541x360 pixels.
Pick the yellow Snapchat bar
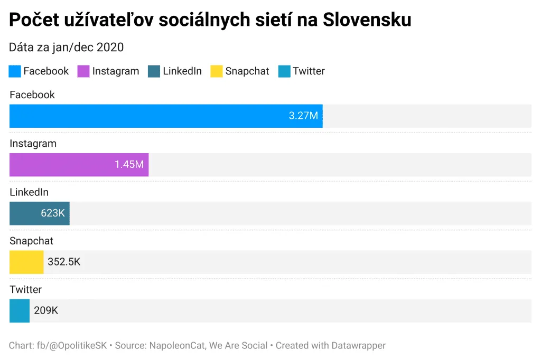(x=26, y=262)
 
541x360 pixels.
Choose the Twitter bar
(x=20, y=310)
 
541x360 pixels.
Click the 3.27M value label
(x=303, y=116)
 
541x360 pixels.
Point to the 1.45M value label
(x=129, y=165)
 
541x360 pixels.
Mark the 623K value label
(x=53, y=213)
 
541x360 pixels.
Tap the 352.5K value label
(x=64, y=262)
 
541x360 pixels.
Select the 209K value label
(x=46, y=310)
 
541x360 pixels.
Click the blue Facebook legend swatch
(x=15, y=71)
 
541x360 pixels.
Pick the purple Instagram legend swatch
(x=83, y=71)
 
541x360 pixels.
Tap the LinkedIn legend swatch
(x=154, y=71)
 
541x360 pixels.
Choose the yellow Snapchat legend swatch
(x=217, y=71)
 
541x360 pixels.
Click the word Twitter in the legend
(x=309, y=71)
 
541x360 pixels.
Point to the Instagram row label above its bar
(x=33, y=144)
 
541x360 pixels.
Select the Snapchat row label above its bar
(x=31, y=241)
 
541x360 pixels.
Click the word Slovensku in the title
(x=367, y=20)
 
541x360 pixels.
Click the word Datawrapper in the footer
(x=358, y=346)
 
